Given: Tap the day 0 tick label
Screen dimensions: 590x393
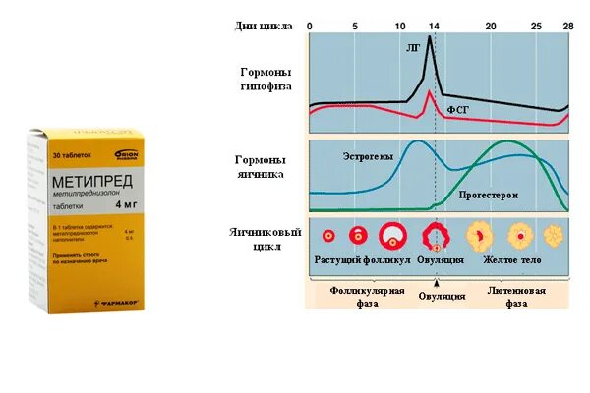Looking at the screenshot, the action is pos(310,25).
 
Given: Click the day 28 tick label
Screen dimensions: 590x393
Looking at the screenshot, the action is pos(567,25).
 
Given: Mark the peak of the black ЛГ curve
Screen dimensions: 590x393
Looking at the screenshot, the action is pos(430,37).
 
